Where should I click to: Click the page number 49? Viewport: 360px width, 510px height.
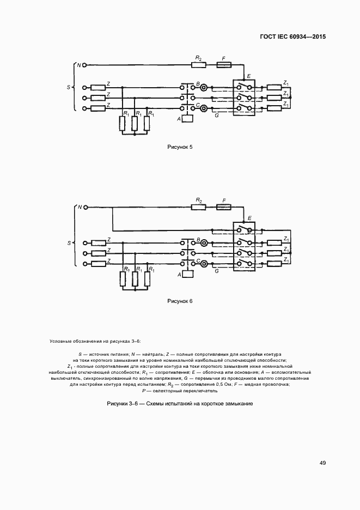[x=322, y=463]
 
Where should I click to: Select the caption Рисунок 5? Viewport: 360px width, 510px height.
[x=180, y=147]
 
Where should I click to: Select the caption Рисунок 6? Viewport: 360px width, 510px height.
[x=180, y=301]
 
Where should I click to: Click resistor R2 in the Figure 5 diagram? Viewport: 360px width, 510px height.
[x=199, y=65]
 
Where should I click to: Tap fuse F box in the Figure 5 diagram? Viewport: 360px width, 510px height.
[x=223, y=65]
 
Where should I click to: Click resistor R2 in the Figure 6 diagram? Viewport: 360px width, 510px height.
[x=199, y=208]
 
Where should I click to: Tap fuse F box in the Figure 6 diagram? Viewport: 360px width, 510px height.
[x=223, y=208]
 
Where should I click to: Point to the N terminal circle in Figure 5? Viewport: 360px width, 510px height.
[x=84, y=65]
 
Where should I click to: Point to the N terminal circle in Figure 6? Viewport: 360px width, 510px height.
[x=84, y=208]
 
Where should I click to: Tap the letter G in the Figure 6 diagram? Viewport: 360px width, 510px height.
[x=217, y=271]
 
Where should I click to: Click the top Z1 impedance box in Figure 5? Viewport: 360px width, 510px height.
[x=273, y=87]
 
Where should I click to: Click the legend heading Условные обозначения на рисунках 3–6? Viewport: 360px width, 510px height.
[x=95, y=341]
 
